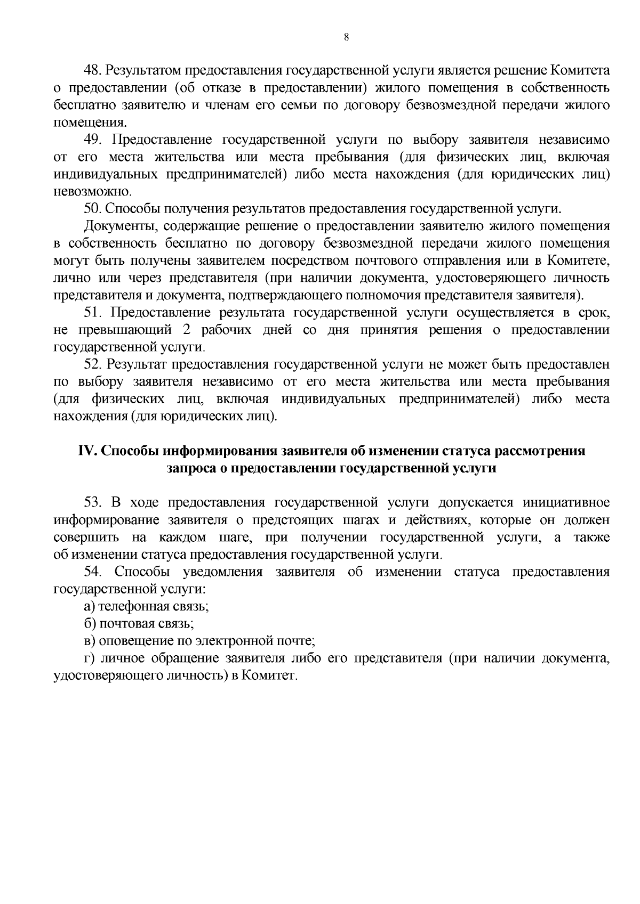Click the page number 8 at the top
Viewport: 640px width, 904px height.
pyautogui.click(x=347, y=37)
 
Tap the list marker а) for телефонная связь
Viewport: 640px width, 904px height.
pyautogui.click(x=89, y=606)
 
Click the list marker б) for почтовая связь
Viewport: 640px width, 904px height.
pyautogui.click(x=89, y=623)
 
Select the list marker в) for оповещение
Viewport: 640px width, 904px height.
pyautogui.click(x=89, y=641)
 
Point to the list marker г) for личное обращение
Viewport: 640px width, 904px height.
pyautogui.click(x=89, y=658)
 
